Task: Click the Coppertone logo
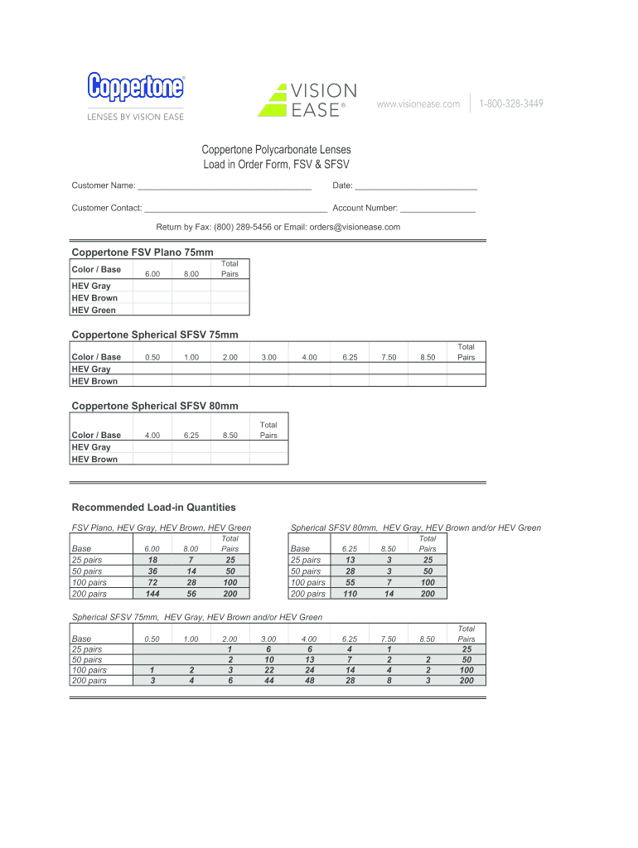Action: pyautogui.click(x=136, y=86)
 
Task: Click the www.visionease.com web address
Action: pyautogui.click(x=418, y=104)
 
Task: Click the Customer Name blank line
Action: pyautogui.click(x=224, y=186)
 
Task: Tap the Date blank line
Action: pyautogui.click(x=416, y=186)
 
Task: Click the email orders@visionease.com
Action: pyautogui.click(x=355, y=227)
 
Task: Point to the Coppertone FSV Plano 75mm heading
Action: pyautogui.click(x=143, y=252)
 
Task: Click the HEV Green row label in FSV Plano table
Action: pyautogui.click(x=94, y=311)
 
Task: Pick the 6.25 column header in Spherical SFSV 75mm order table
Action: pyautogui.click(x=350, y=358)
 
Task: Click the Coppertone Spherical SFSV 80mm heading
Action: pyautogui.click(x=155, y=406)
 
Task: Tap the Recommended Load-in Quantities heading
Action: pyautogui.click(x=154, y=507)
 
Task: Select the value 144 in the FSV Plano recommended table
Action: pyautogui.click(x=152, y=594)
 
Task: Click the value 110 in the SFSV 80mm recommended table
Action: pyautogui.click(x=350, y=594)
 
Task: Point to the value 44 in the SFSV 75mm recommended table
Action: pyautogui.click(x=269, y=681)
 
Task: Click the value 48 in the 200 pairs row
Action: pyautogui.click(x=310, y=681)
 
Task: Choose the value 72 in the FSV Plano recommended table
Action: pyautogui.click(x=152, y=583)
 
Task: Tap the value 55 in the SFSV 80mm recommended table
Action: pyautogui.click(x=350, y=583)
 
